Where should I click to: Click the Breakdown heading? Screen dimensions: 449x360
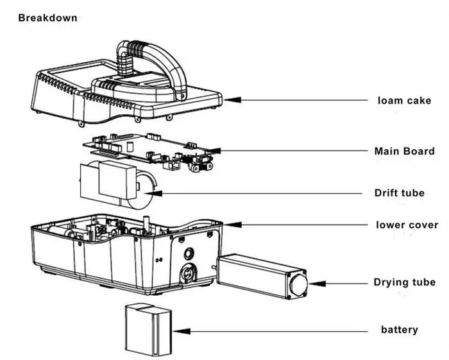point(47,18)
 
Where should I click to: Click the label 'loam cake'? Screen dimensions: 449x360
point(404,101)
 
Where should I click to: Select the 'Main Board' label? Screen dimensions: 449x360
point(404,151)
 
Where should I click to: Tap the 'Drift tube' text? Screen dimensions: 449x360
point(399,193)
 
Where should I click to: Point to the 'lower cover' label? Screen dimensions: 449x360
point(407,225)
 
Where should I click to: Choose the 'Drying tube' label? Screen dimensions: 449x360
point(404,282)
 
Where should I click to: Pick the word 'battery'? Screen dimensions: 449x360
point(399,330)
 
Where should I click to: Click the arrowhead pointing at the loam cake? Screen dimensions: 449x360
point(232,100)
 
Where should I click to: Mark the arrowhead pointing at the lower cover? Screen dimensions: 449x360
point(232,225)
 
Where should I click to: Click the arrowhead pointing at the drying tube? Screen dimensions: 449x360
point(318,284)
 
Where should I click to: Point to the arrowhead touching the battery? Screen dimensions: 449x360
point(182,331)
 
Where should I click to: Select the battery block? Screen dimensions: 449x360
point(148,330)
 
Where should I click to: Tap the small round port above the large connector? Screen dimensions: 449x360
point(189,253)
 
